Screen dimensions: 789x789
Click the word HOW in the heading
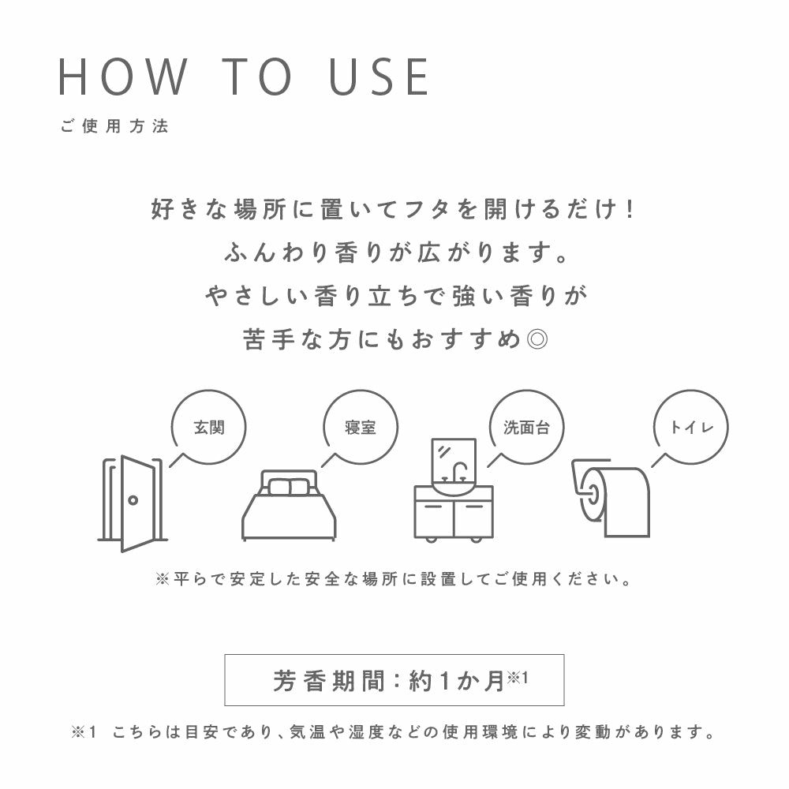click(123, 77)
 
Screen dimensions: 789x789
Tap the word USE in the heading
click(379, 77)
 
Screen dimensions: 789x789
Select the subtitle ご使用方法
click(114, 125)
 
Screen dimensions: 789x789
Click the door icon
click(133, 503)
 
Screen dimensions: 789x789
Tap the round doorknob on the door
click(133, 500)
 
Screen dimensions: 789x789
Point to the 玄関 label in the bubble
click(209, 427)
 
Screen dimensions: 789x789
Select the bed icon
click(289, 505)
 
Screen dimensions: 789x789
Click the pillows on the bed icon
click(289, 487)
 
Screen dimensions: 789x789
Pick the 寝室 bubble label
click(361, 427)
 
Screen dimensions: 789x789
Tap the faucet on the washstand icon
click(459, 472)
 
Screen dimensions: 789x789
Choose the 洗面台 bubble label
click(526, 427)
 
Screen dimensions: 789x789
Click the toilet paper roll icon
click(611, 498)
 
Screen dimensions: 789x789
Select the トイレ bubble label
click(691, 427)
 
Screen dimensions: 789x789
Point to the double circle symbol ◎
click(537, 339)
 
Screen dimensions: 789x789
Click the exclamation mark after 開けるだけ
click(630, 209)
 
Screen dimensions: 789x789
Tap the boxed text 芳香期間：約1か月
click(394, 680)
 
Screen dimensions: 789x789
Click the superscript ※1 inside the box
click(518, 677)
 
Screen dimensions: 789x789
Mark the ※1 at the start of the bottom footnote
click(84, 732)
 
